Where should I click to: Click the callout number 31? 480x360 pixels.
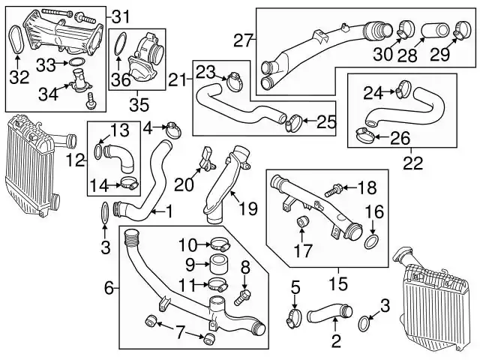(x=121, y=16)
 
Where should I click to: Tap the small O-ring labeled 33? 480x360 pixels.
(x=76, y=61)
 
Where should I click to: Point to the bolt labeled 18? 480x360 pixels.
(x=333, y=189)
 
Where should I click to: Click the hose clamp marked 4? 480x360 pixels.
(x=173, y=130)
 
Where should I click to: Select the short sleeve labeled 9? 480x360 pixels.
(x=219, y=263)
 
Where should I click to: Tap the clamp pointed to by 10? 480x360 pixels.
(x=220, y=244)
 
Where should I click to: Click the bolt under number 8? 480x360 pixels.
(x=242, y=298)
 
